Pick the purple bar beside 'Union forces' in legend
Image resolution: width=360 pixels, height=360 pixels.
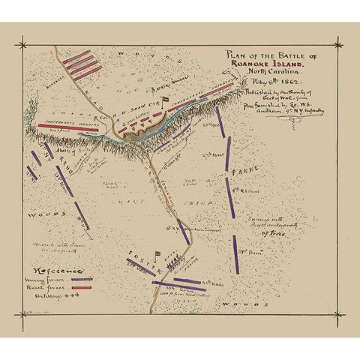coord(80,279)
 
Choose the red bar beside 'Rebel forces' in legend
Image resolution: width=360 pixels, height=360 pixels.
coord(80,288)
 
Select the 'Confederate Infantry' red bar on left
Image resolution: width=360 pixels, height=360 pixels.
coord(64,126)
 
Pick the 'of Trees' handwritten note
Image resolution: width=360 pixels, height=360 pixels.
coord(274,233)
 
